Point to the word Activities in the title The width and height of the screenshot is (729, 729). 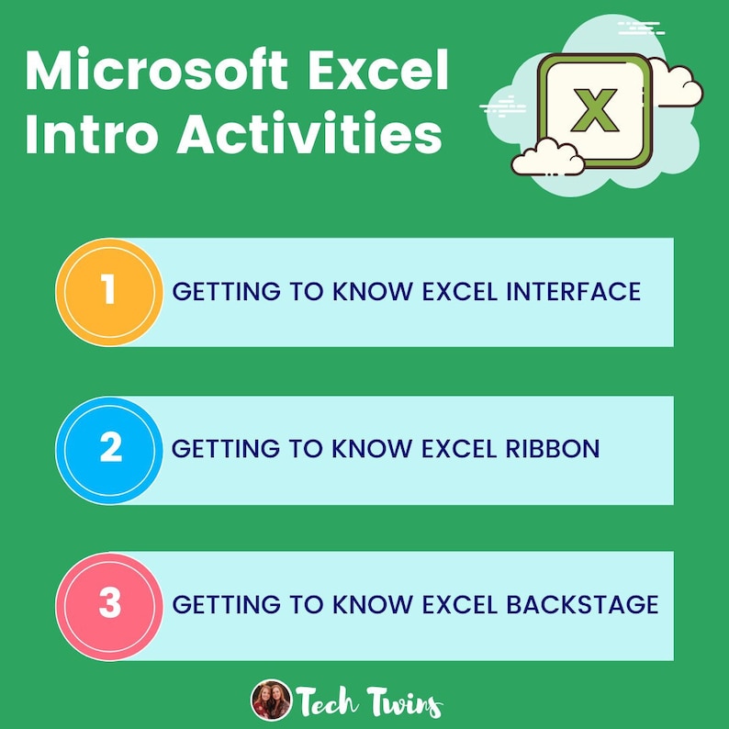pyautogui.click(x=308, y=134)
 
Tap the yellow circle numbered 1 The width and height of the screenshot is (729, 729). pyautogui.click(x=109, y=292)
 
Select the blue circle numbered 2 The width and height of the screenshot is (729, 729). pyautogui.click(x=109, y=450)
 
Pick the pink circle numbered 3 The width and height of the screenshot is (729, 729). pyautogui.click(x=109, y=605)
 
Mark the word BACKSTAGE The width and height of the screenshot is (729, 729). pyautogui.click(x=582, y=605)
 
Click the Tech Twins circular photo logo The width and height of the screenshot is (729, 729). pyautogui.click(x=270, y=700)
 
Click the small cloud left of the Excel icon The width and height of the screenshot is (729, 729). pyautogui.click(x=547, y=158)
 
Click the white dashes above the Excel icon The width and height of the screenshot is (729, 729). pyautogui.click(x=642, y=27)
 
